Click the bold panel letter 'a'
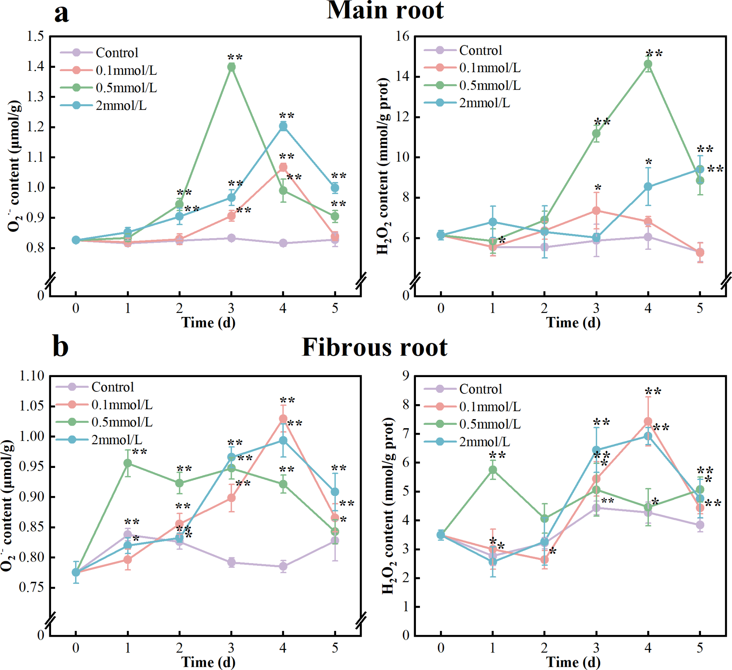pos(61,13)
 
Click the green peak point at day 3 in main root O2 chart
pos(231,67)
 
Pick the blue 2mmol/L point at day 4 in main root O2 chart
pos(283,126)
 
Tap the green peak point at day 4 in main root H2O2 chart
pos(648,64)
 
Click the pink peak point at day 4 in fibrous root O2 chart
pos(283,418)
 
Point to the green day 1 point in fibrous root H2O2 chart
pos(492,470)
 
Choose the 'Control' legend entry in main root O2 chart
pos(117,53)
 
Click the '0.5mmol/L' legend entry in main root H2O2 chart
pos(490,85)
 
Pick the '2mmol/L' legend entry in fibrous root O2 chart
pos(117,439)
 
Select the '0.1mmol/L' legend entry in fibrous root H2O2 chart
pos(490,406)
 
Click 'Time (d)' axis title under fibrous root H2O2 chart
pos(573,662)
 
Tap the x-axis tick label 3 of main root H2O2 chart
pos(596,309)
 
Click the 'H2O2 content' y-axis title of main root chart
pos(383,166)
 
